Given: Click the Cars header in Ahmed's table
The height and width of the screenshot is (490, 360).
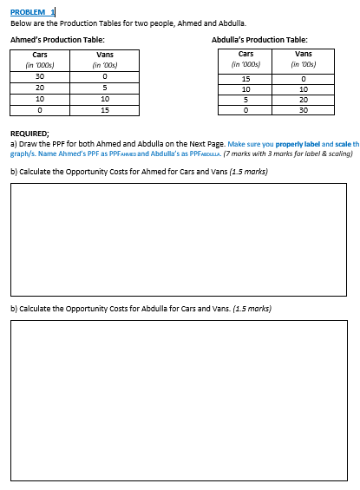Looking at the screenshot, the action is (x=40, y=56).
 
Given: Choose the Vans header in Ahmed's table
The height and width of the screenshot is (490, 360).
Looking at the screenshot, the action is (x=104, y=56).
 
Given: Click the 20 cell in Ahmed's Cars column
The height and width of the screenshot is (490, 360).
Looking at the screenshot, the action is (x=40, y=88).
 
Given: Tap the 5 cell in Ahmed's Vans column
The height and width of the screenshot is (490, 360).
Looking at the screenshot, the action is (x=104, y=88).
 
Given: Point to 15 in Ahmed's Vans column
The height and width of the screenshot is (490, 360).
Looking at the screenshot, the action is (x=104, y=110).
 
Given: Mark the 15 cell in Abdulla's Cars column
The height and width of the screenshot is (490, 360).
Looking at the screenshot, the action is (x=246, y=78).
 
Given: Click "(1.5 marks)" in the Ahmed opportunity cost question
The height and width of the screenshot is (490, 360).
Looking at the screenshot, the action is (x=248, y=171).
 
